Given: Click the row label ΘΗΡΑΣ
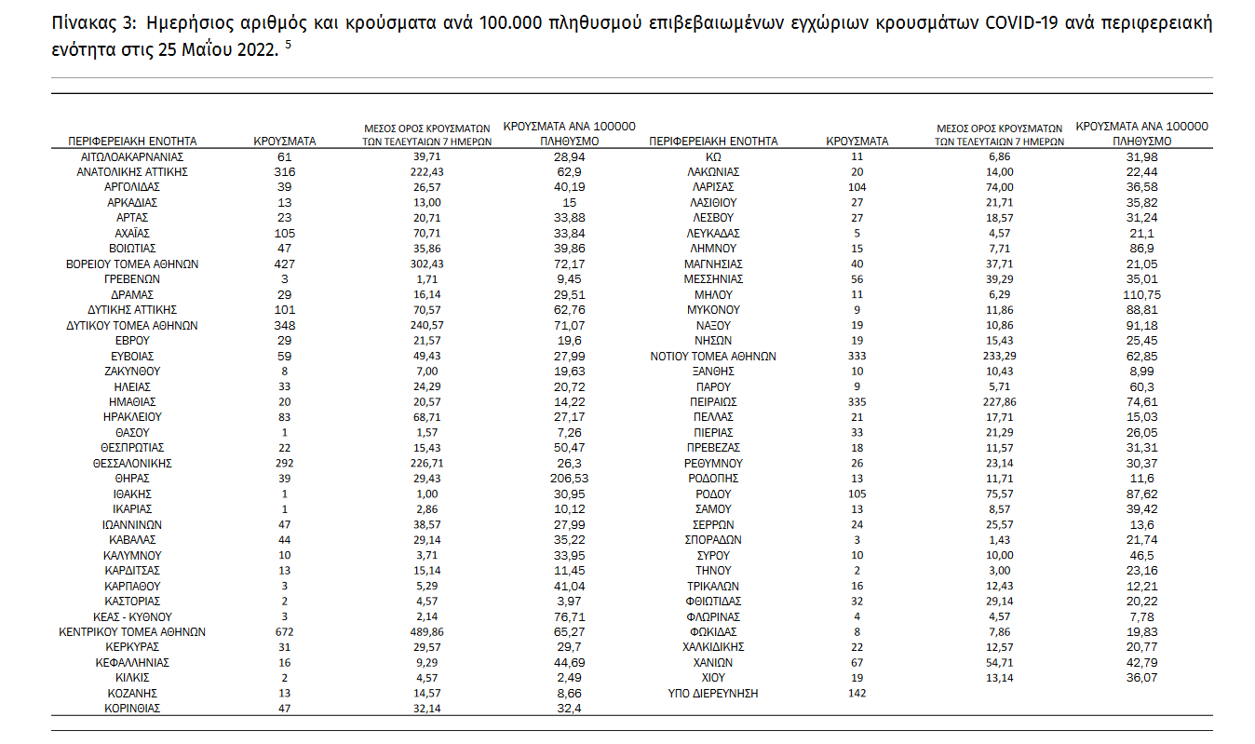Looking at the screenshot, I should pos(132,479).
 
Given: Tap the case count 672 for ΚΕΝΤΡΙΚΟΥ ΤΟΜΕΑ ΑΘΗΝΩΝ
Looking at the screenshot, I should pos(285,631).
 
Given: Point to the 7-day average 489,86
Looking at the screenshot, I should pos(426,631).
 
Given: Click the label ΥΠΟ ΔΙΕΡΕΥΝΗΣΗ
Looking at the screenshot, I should pos(713,694).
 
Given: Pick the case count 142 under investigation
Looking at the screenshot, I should pos(857,694).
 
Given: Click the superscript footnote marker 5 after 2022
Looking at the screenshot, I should pos(289,45).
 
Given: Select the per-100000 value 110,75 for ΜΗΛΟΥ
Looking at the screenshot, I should pos(1141,295).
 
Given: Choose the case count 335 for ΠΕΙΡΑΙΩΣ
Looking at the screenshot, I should pos(857,402).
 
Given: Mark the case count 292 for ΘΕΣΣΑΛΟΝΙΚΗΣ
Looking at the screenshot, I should pos(285,464).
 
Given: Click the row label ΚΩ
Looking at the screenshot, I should pos(713,157).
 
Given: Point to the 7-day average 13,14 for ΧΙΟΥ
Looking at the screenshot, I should pos(999,678).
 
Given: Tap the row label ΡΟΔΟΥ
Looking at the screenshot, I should pos(713,494).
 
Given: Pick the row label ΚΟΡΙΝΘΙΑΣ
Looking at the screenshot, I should pos(132,709).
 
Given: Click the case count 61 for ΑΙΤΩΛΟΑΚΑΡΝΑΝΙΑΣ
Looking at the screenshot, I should pos(285,157).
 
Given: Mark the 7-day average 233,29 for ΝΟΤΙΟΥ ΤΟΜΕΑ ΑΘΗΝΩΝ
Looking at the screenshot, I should pos(999,357).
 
